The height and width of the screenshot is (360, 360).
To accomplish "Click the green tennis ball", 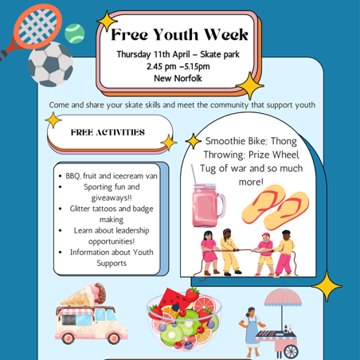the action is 75,33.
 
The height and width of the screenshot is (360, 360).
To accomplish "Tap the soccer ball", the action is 50,65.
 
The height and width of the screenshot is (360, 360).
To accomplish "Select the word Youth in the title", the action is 175,34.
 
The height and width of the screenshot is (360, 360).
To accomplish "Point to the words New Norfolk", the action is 178,78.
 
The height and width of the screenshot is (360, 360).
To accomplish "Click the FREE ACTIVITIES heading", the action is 108,132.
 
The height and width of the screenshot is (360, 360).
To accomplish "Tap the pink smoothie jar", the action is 207,203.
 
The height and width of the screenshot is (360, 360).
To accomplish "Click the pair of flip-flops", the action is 276,207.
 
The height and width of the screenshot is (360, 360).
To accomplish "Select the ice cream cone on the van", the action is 84,295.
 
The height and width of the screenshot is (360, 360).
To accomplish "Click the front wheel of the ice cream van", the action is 114,338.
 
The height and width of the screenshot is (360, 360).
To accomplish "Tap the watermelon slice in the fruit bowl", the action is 174,299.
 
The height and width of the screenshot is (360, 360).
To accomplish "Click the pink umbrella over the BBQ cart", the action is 283,297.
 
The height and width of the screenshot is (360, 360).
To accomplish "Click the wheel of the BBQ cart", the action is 291,352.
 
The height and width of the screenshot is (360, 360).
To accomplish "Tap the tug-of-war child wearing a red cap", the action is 264,254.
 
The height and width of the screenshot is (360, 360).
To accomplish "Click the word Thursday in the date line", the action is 134,54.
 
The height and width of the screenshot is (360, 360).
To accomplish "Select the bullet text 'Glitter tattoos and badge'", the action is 112,209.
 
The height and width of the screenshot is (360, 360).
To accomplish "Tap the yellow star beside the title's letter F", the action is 107,21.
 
